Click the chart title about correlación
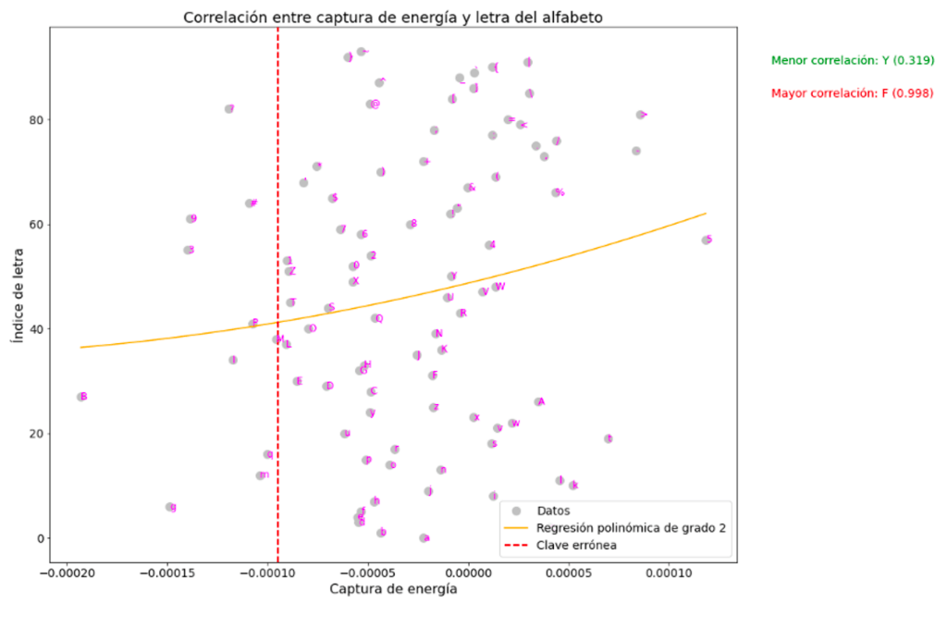(x=393, y=18)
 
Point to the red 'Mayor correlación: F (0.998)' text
(x=852, y=93)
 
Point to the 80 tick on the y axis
(x=35, y=120)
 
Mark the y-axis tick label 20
(x=35, y=434)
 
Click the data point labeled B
(x=81, y=397)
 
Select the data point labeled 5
(x=707, y=240)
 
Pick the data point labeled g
(x=170, y=507)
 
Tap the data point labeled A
(x=538, y=401)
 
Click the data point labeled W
(x=497, y=287)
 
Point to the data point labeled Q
(x=375, y=318)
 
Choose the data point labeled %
(x=556, y=192)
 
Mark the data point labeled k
(x=572, y=485)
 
